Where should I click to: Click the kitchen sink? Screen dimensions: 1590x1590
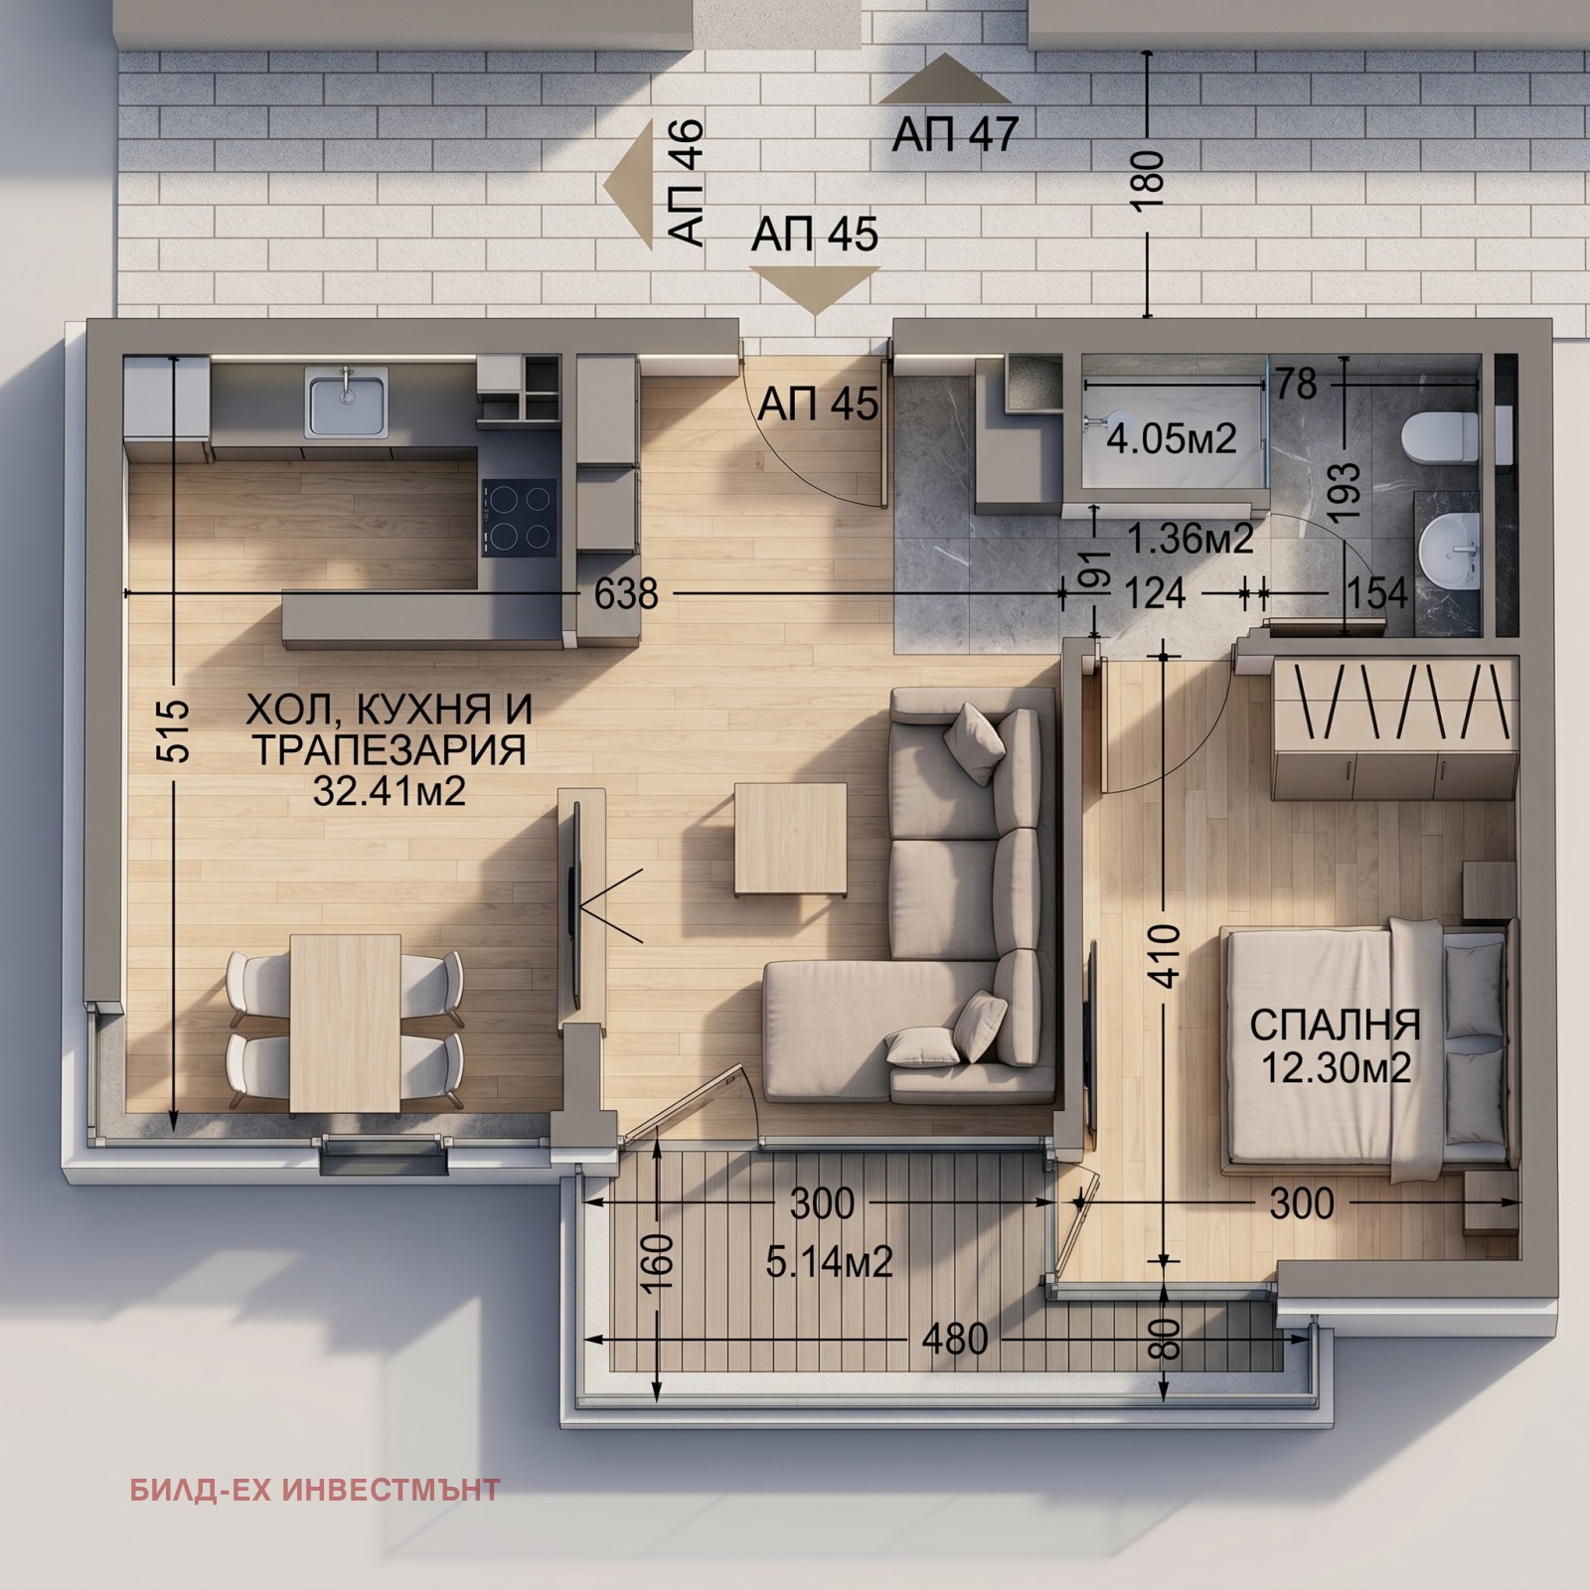(346, 401)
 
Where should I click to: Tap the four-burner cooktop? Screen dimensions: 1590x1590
(519, 517)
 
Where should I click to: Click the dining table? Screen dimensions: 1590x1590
(346, 1022)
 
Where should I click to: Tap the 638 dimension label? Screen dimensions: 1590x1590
(626, 593)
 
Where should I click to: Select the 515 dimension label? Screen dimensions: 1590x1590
(174, 731)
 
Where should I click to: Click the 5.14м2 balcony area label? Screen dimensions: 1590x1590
(830, 1262)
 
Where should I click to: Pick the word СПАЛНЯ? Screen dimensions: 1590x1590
(1336, 1025)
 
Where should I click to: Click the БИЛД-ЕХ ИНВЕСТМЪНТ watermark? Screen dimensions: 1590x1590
(315, 1490)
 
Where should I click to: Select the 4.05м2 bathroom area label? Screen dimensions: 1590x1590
(1172, 438)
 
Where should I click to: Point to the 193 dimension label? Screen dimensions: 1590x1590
(1345, 495)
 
